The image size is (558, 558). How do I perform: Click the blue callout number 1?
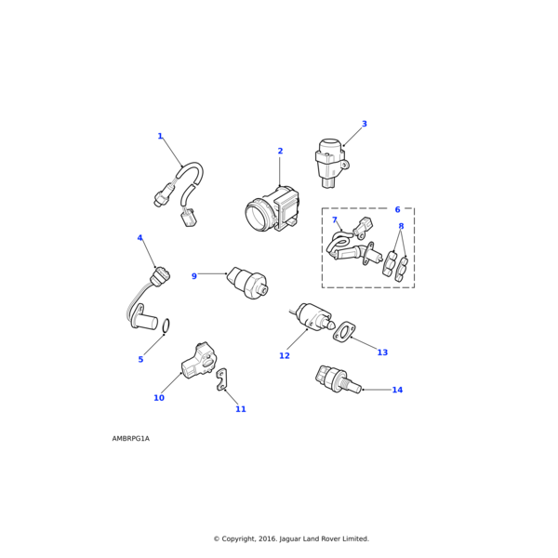[160, 136]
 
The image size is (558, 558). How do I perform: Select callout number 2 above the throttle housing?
[280, 151]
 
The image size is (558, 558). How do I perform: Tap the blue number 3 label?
[364, 124]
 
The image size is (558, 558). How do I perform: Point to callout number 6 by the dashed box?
[397, 209]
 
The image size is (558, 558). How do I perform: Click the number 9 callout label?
[194, 276]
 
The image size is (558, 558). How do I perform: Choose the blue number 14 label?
[397, 390]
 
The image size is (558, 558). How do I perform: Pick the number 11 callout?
[241, 409]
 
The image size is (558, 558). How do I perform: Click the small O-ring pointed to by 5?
[166, 326]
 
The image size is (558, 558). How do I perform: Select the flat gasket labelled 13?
[344, 332]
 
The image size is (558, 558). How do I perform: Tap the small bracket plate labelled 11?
[222, 379]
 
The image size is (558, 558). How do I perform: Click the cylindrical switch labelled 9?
[247, 282]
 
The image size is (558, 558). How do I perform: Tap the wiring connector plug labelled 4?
[160, 277]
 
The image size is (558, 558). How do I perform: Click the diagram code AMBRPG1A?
[131, 438]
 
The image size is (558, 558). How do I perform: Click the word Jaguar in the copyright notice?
[290, 539]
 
